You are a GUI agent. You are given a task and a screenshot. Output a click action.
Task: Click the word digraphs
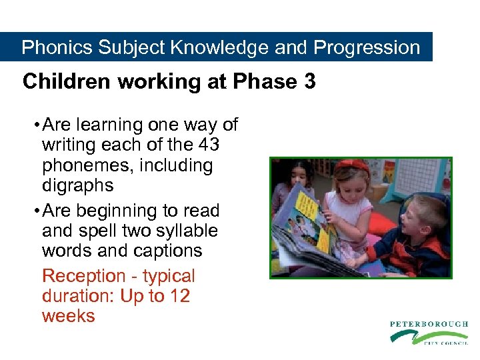pyautogui.click(x=77, y=185)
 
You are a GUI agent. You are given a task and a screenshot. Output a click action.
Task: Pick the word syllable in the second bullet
pyautogui.click(x=184, y=231)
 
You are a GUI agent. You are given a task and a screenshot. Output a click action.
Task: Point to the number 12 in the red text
pyautogui.click(x=178, y=296)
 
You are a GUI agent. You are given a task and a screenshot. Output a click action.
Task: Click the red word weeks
pyautogui.click(x=68, y=315)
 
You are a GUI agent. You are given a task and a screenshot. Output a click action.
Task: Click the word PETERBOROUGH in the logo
pyautogui.click(x=429, y=324)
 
